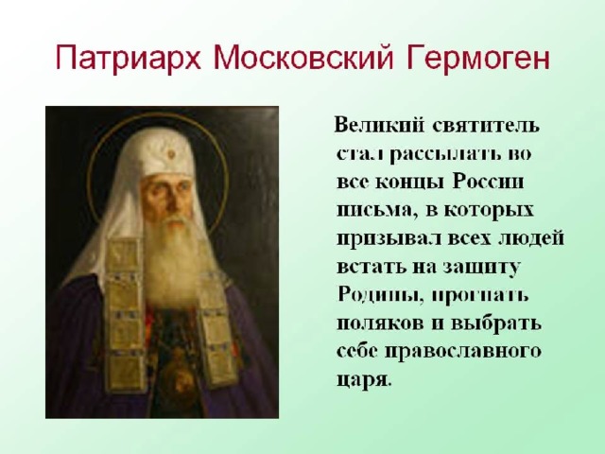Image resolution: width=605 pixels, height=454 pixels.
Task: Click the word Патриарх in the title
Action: [129, 58]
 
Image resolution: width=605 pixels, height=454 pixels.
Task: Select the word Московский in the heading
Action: [303, 57]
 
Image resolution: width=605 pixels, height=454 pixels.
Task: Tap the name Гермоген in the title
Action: [477, 58]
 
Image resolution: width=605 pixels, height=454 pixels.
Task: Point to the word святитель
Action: [486, 126]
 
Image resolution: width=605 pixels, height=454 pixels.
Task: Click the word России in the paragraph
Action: [488, 181]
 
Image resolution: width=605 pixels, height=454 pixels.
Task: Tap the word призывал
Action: [389, 239]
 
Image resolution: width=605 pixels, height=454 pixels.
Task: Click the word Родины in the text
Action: [380, 295]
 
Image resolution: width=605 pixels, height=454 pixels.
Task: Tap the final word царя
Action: [364, 379]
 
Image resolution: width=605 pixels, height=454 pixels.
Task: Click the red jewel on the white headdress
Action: [171, 154]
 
